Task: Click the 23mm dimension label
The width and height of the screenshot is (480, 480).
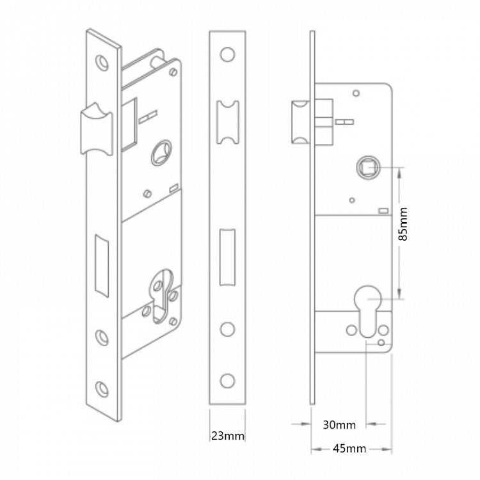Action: (x=228, y=435)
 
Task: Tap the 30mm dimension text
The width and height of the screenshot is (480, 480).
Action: (x=339, y=425)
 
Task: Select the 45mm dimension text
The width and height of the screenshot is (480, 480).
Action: (x=349, y=449)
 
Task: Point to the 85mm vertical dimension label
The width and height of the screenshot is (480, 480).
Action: (x=403, y=224)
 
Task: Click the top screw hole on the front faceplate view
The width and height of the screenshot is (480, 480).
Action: (x=227, y=54)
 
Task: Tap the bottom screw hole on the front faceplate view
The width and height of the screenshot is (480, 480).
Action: (x=227, y=381)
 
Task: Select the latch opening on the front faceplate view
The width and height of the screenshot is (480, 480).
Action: (x=228, y=122)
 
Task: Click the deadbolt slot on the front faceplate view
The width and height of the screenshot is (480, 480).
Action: (x=227, y=257)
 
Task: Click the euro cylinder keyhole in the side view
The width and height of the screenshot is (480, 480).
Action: (x=367, y=311)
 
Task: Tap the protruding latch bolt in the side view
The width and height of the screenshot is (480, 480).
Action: (x=301, y=122)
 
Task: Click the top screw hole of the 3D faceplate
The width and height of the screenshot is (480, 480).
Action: (x=102, y=63)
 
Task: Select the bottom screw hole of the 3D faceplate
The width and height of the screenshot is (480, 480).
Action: (x=102, y=388)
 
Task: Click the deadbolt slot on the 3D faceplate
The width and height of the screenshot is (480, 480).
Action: (x=102, y=266)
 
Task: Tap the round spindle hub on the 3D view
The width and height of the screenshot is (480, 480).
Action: (x=161, y=153)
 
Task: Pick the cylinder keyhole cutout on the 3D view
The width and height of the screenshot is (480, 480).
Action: (x=161, y=296)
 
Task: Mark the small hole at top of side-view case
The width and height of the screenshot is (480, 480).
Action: (x=356, y=93)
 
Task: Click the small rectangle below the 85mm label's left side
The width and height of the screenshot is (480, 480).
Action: (x=383, y=211)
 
